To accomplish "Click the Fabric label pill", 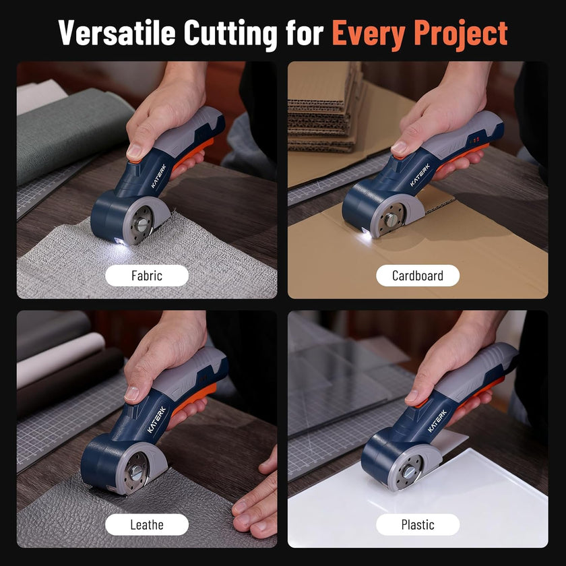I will (x=147, y=275).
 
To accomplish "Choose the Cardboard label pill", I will (x=418, y=275).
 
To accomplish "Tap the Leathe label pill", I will (x=147, y=524).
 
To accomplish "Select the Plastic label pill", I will (x=418, y=524).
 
